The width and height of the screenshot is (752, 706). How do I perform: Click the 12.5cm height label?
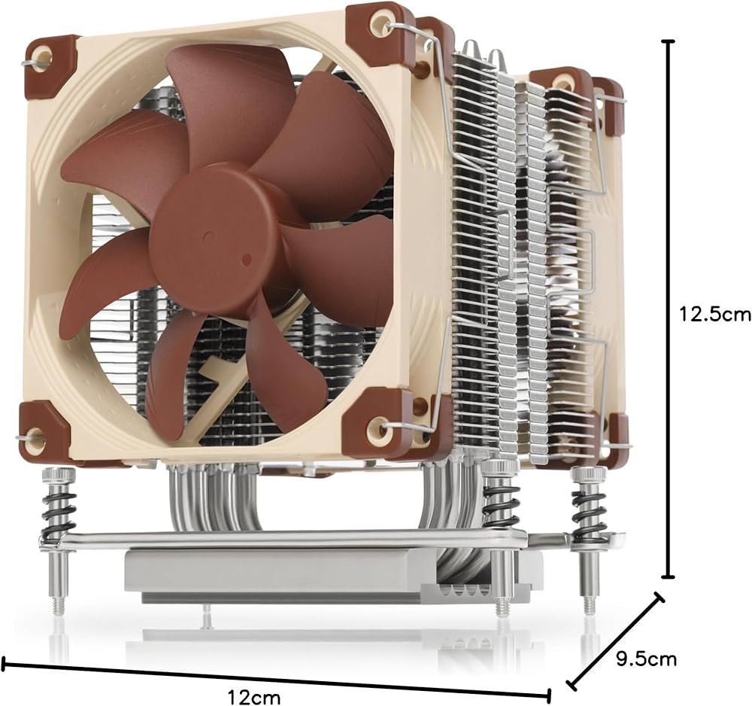pos(715,315)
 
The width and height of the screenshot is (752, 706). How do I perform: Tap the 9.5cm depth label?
pos(646,659)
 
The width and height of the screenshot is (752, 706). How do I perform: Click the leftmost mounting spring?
pos(59,511)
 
